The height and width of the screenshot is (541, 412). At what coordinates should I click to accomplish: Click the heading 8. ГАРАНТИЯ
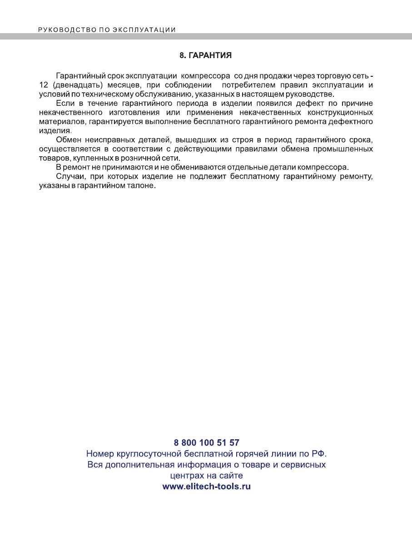pos(206,56)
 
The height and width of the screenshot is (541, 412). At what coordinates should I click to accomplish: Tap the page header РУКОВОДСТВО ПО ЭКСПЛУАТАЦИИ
pos(107,30)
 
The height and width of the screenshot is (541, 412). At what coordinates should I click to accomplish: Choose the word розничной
pos(139,158)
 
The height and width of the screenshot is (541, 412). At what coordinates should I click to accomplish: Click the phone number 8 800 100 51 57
pos(206,442)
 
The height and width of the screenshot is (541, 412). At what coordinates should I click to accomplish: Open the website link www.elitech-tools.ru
pos(206,486)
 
